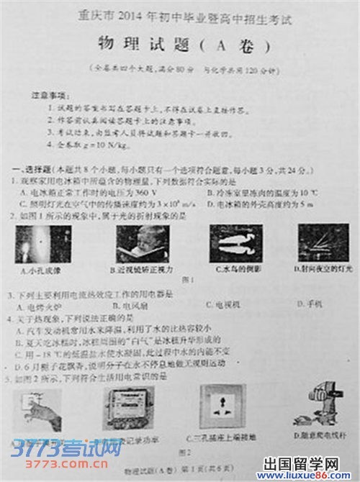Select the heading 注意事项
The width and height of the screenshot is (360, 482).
coord(47,95)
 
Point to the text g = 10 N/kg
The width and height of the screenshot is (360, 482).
coord(94,145)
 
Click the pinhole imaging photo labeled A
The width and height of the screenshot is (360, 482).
coord(35,242)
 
